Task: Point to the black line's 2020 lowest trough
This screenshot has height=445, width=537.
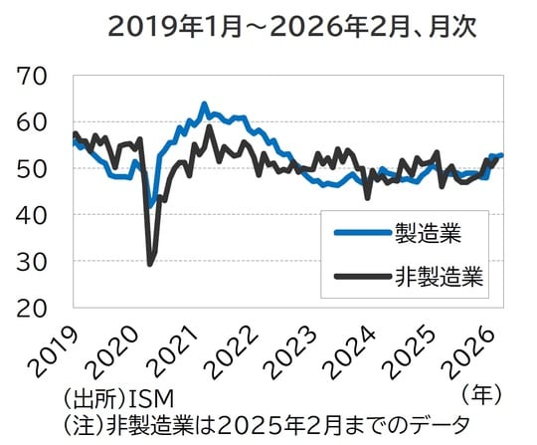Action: tap(150, 263)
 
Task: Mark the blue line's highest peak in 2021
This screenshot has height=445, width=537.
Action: tap(204, 104)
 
